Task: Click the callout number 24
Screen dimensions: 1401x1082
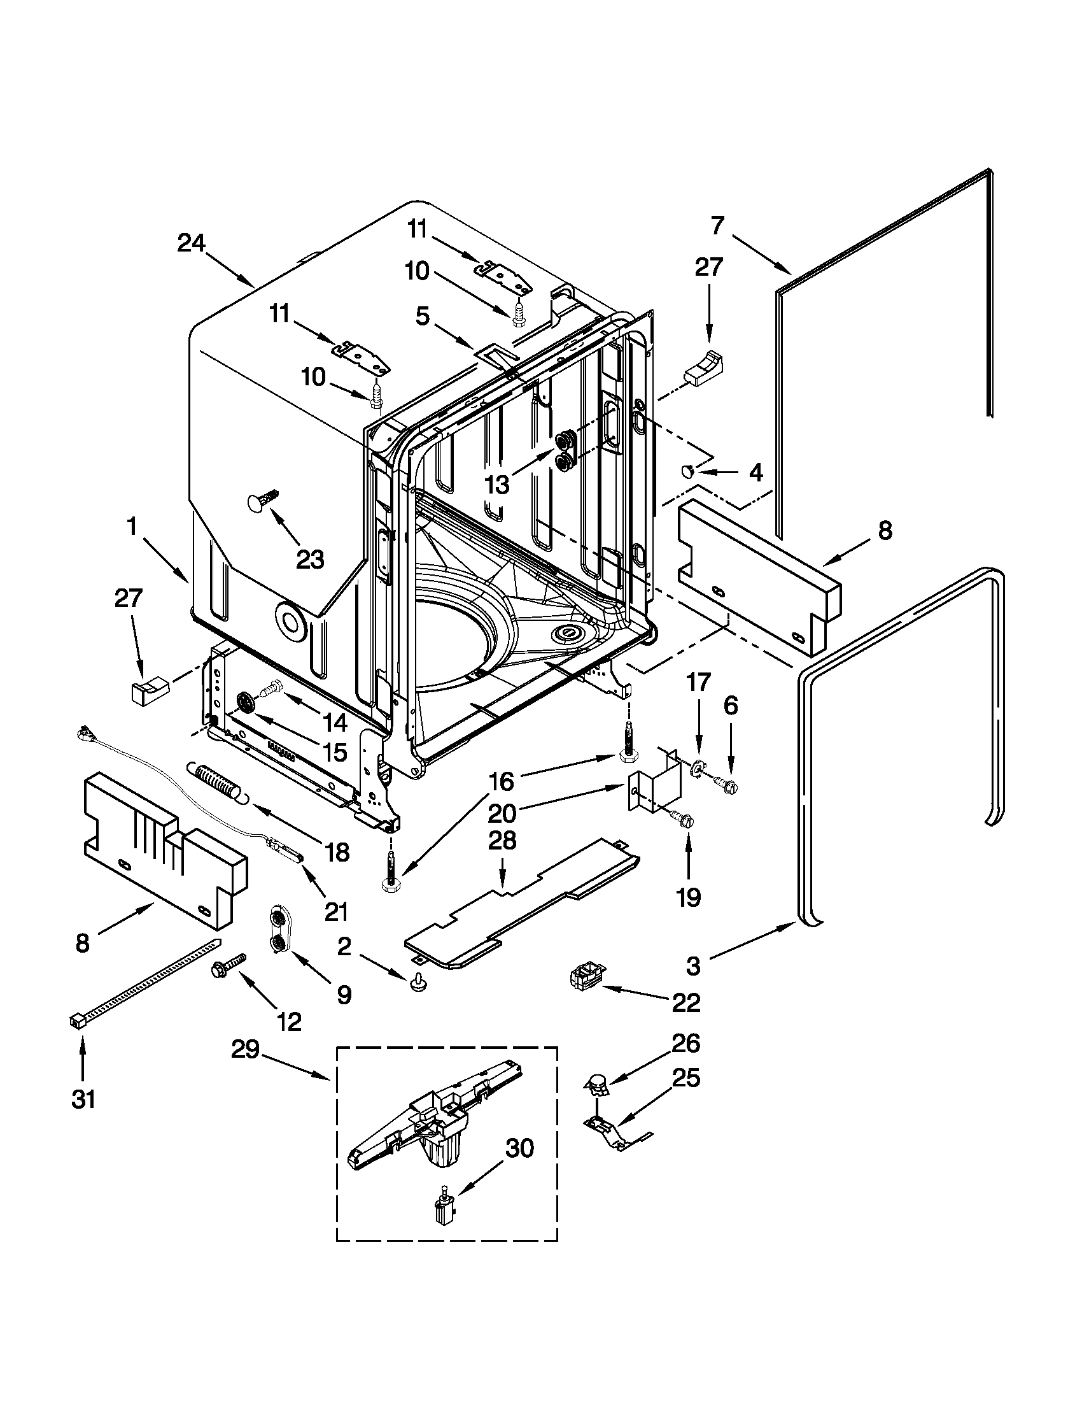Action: click(192, 243)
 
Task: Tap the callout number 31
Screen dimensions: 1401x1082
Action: click(83, 1099)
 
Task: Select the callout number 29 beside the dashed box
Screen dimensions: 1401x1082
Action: click(246, 1049)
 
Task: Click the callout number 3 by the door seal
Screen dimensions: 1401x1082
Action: click(692, 967)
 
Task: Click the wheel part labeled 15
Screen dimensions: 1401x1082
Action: click(246, 702)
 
